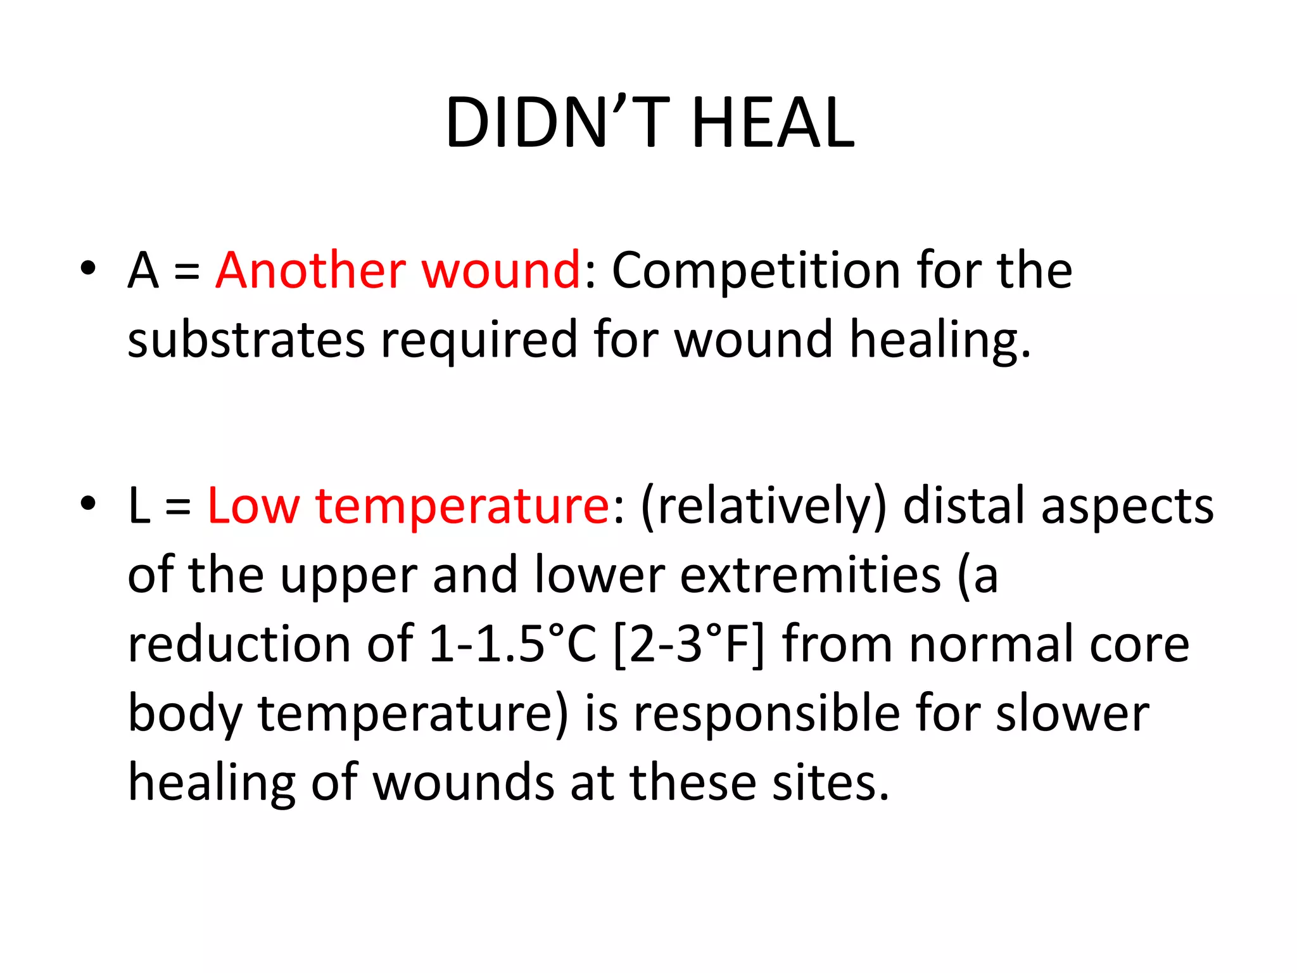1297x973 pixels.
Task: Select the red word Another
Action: point(310,270)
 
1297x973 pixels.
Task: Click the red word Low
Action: point(253,506)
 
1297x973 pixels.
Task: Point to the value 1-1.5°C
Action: point(512,644)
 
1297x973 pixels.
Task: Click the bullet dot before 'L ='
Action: point(88,504)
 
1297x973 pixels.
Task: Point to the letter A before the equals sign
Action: point(143,270)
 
